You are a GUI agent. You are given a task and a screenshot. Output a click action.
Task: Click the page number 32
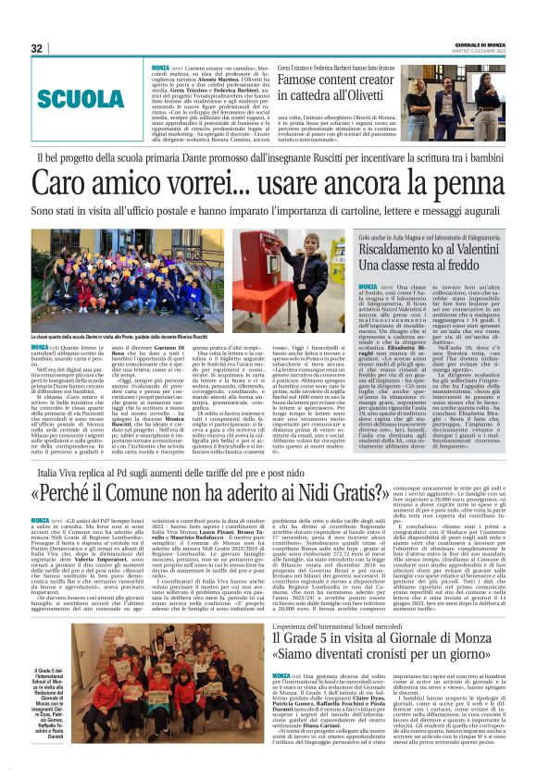(x=37, y=48)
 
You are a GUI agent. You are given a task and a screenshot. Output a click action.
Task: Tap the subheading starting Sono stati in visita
(x=268, y=212)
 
